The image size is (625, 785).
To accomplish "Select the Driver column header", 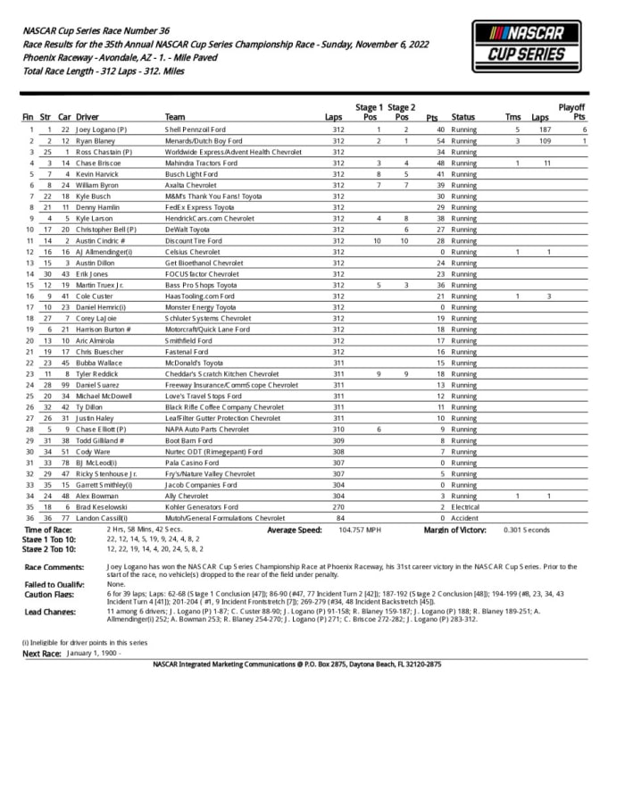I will coord(87,117).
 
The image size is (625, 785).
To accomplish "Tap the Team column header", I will coord(175,117).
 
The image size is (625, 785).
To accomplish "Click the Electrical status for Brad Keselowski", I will coord(467,505).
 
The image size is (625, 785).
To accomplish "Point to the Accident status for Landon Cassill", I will coord(465,517).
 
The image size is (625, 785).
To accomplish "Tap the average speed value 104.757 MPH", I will coord(356,530).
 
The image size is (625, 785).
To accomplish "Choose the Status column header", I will coord(462,117).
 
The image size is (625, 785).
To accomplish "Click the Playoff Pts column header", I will coord(579,112).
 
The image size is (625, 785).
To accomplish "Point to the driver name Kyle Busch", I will coord(95,196).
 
